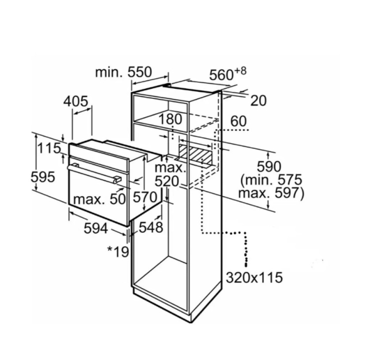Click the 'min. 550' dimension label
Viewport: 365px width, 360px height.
click(x=123, y=72)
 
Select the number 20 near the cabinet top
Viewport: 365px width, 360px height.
click(x=258, y=101)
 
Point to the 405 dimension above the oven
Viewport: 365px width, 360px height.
click(x=76, y=101)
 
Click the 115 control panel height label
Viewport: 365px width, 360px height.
click(x=49, y=148)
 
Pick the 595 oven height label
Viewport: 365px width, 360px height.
click(x=43, y=177)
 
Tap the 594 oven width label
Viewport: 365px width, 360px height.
click(x=96, y=228)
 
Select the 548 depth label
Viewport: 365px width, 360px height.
click(x=151, y=227)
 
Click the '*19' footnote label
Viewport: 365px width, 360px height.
click(x=118, y=252)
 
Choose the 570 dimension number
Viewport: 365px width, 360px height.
click(x=145, y=197)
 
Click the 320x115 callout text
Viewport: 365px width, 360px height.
click(x=254, y=277)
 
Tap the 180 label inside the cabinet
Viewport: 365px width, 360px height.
click(x=170, y=119)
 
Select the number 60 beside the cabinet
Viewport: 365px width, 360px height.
click(x=238, y=121)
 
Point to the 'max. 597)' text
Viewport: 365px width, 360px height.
click(x=271, y=193)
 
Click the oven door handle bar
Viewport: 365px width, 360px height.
click(x=94, y=174)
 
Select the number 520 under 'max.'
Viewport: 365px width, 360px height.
click(x=167, y=181)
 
